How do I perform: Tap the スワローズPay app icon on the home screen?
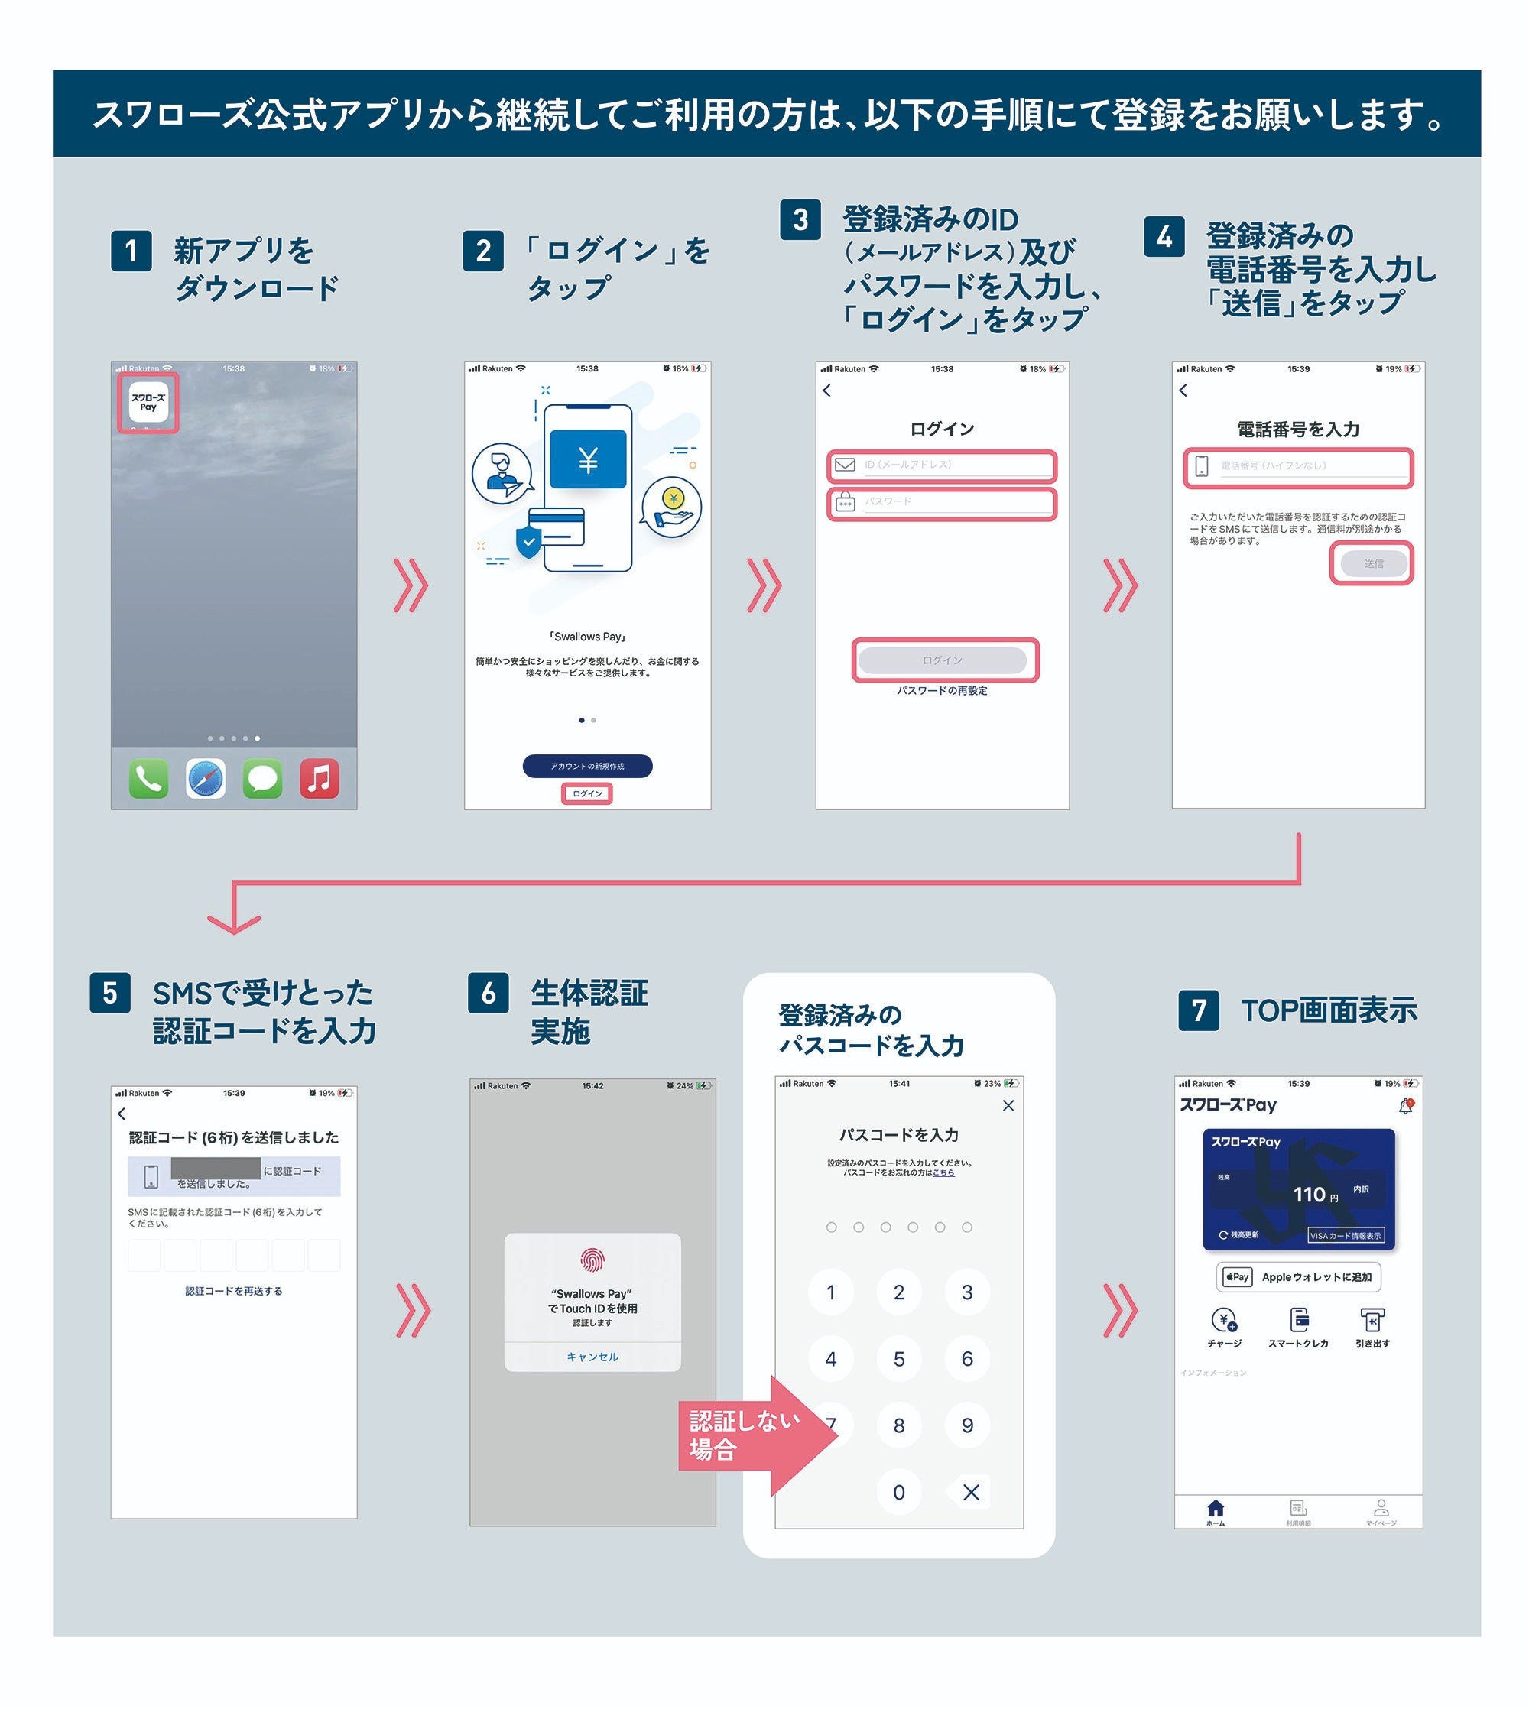(148, 403)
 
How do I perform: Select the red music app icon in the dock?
(320, 779)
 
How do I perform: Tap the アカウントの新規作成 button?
(587, 766)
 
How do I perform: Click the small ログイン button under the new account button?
(587, 793)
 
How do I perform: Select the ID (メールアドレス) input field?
(942, 465)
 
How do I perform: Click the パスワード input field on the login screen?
(942, 502)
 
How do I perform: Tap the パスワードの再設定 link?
(942, 690)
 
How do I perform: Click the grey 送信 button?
(1373, 563)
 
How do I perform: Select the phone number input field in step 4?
(1299, 466)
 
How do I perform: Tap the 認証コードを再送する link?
(233, 1291)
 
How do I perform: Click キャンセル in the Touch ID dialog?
(592, 1357)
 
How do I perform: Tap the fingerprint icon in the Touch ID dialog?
(592, 1260)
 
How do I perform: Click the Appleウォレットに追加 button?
(1298, 1276)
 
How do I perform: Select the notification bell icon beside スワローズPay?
(1405, 1106)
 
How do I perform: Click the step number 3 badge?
(800, 219)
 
